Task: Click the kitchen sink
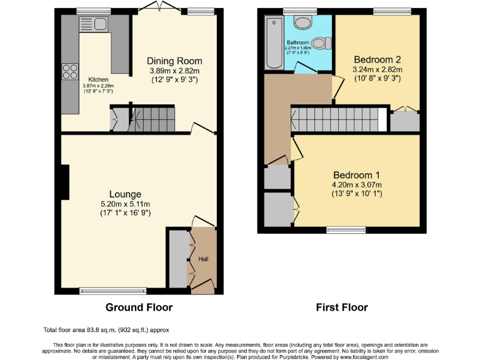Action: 94,25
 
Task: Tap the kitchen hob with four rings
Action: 69,70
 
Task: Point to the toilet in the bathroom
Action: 322,43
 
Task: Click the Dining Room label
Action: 174,61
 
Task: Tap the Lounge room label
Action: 126,194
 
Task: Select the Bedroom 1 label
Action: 356,175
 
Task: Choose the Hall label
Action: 204,259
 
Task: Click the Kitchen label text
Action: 98,80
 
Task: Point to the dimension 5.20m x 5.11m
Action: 126,204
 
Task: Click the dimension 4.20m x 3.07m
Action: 356,184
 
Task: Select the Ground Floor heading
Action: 139,307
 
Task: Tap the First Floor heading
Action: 341,307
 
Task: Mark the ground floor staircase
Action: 152,117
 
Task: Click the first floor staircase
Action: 335,118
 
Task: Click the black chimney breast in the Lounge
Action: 65,182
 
